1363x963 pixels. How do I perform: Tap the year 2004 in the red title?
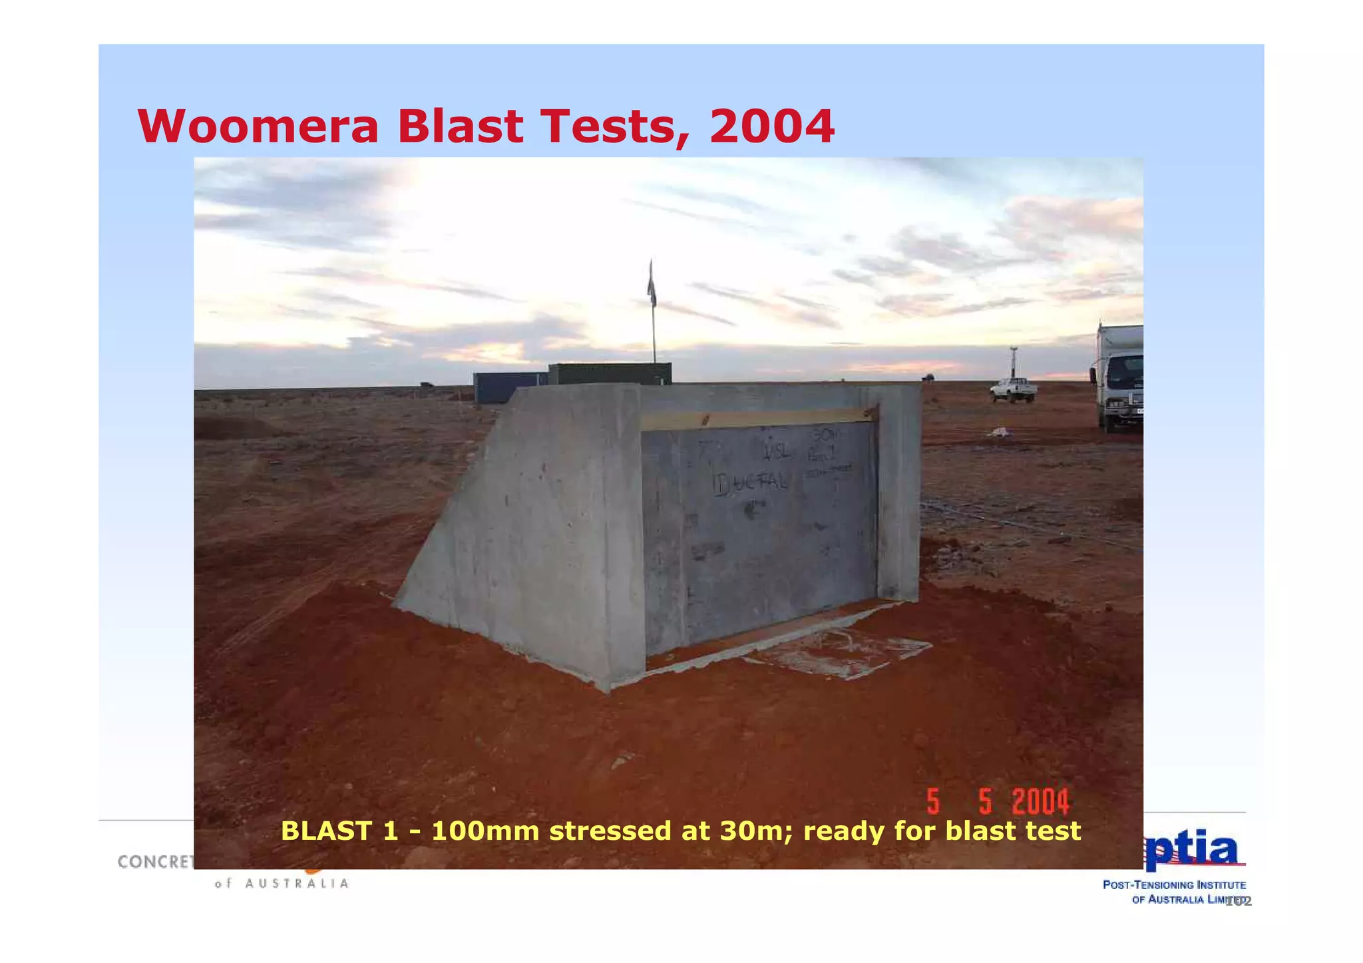[x=771, y=126]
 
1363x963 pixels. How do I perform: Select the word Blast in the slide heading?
[x=460, y=126]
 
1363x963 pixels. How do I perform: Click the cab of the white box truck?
[x=1121, y=386]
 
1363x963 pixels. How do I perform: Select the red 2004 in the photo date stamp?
[x=1041, y=801]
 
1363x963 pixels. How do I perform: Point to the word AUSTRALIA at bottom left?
[x=297, y=884]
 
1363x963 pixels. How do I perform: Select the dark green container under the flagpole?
[x=609, y=373]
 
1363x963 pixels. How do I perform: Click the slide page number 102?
[x=1239, y=901]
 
